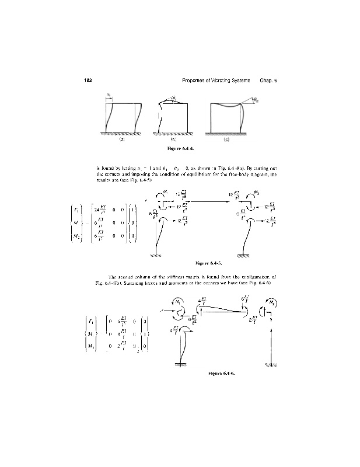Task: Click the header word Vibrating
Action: pyautogui.click(x=223, y=80)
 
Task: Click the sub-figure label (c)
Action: pyautogui.click(x=227, y=140)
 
